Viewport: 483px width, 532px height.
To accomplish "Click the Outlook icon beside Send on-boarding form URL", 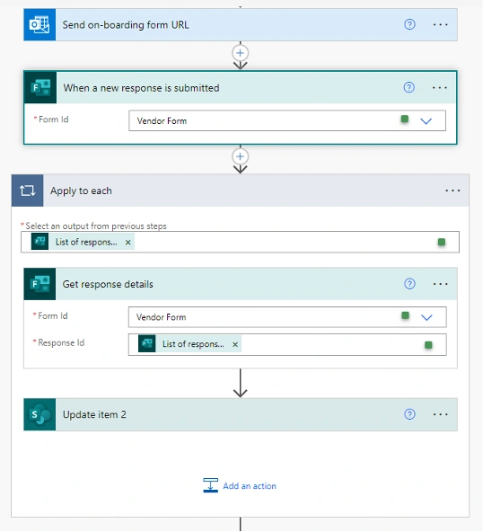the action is point(40,25).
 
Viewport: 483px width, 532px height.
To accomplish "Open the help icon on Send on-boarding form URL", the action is point(409,24).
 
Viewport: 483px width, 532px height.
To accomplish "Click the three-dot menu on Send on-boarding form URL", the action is point(440,25).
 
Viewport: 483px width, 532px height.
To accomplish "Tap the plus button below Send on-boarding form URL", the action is point(241,53).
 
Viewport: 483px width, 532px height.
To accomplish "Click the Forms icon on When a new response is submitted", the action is point(40,87).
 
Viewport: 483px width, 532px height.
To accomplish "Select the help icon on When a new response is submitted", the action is point(409,87).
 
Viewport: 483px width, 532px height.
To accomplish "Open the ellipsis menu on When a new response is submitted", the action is point(440,88).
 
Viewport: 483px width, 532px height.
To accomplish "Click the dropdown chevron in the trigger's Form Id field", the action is point(426,120).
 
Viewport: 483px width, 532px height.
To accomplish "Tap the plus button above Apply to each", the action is point(241,156).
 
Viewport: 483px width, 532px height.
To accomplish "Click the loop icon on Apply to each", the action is point(28,191).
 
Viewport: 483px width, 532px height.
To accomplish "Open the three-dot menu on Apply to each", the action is point(452,191).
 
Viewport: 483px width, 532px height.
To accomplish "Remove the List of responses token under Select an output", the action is point(127,243).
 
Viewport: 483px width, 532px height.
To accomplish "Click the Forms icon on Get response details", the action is point(40,284).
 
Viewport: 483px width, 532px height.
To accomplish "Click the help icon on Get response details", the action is point(409,284).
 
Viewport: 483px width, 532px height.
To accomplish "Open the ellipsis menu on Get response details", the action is point(440,284).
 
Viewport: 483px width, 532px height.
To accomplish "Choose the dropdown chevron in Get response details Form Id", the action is point(426,317).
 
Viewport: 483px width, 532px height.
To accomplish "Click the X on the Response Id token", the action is point(235,344).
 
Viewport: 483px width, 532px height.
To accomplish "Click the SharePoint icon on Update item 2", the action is point(40,414).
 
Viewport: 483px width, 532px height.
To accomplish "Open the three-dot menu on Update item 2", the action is point(440,414).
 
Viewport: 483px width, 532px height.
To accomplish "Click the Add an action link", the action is point(240,485).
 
